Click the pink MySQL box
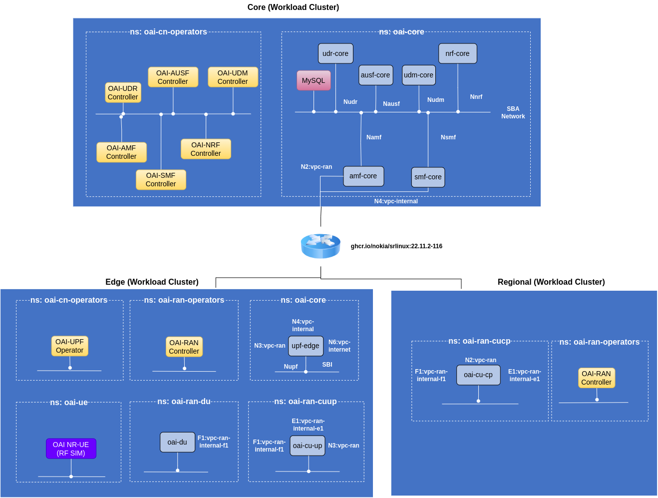[314, 80]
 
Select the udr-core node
[335, 53]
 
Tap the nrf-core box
[457, 53]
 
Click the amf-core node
[363, 176]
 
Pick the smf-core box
[428, 177]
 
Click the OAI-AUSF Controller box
[173, 77]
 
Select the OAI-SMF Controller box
[161, 180]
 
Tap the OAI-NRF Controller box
[206, 149]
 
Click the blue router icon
[321, 246]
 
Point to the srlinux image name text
[396, 246]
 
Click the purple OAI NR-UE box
[71, 449]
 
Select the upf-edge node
[306, 346]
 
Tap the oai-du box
[177, 442]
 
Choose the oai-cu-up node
[308, 446]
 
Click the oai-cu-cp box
[478, 375]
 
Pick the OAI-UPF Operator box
[70, 346]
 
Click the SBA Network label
[513, 112]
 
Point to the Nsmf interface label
[448, 137]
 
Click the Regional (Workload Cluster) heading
[551, 282]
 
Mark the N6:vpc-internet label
[339, 346]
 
